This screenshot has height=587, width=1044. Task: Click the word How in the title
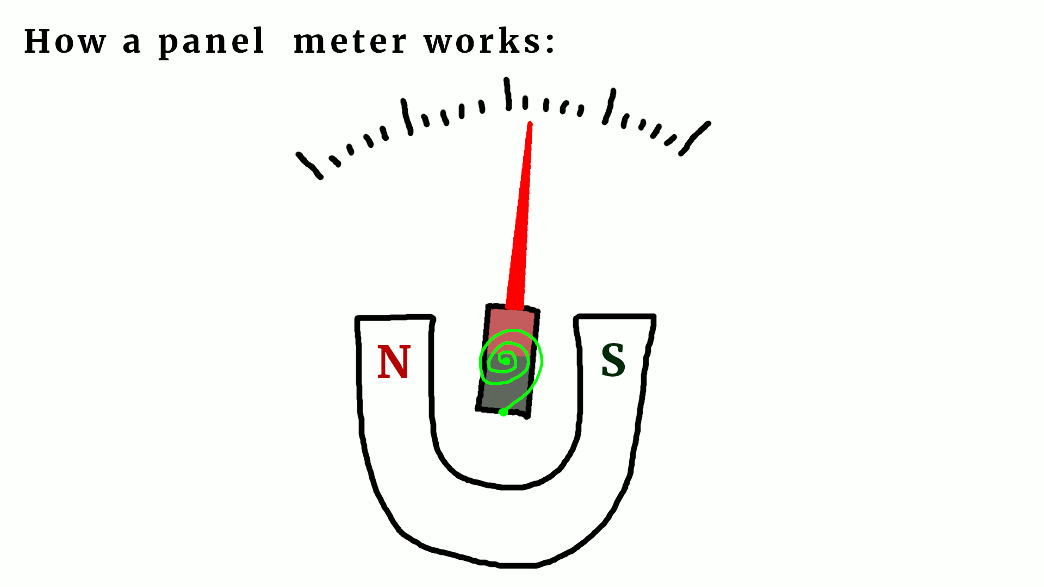click(65, 41)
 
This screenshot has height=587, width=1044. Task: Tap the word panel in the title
click(211, 42)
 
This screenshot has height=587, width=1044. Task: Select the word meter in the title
click(350, 41)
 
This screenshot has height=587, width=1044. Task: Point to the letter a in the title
click(132, 43)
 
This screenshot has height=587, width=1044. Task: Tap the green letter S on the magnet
click(613, 360)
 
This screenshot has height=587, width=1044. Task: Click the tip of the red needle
click(530, 124)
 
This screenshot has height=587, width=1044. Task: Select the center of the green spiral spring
click(505, 360)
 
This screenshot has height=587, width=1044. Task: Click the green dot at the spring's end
click(504, 413)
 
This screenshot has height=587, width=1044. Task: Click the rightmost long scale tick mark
click(695, 138)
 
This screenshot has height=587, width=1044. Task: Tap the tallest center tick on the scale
click(508, 93)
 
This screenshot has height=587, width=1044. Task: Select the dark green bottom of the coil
click(503, 397)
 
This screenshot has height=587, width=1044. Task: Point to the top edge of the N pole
click(395, 317)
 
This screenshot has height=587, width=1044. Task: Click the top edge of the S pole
click(615, 316)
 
